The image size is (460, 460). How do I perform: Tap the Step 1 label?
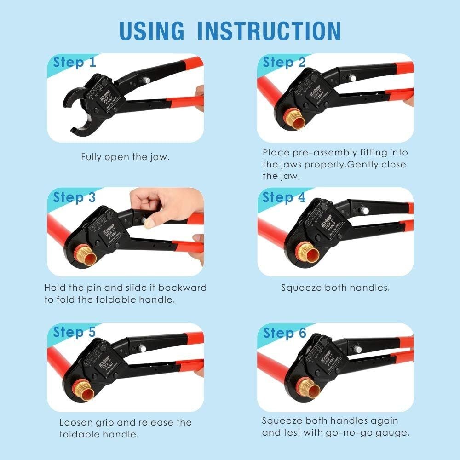(x=75, y=62)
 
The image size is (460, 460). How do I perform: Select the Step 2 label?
(x=284, y=62)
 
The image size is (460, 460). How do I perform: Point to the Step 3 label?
(x=75, y=197)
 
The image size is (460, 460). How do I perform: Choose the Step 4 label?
(x=284, y=197)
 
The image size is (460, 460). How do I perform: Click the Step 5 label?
(x=75, y=332)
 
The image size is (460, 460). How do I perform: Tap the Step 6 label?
(x=284, y=332)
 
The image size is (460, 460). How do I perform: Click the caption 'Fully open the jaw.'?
(x=125, y=157)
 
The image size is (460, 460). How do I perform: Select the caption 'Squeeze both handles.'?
(x=335, y=288)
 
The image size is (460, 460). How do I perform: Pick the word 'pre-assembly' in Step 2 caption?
(x=313, y=152)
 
